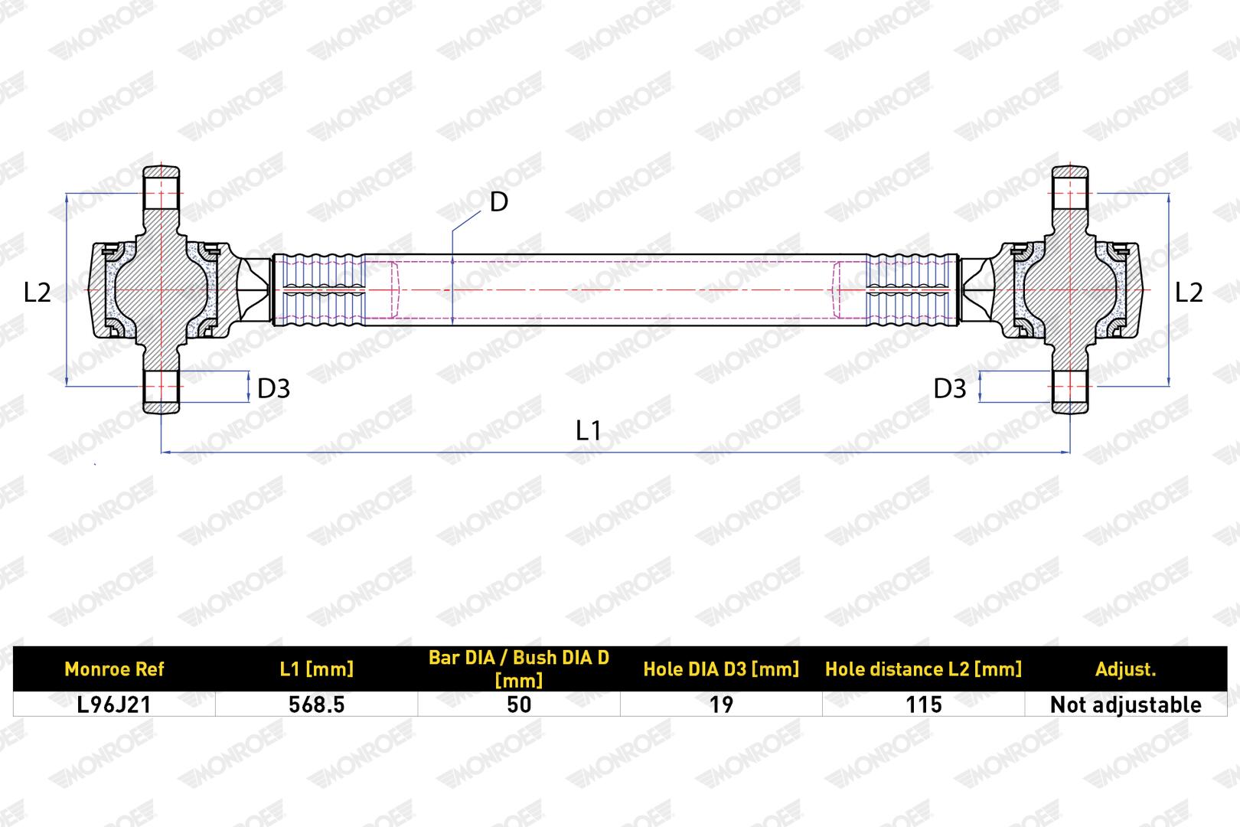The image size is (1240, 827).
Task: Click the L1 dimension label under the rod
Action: coord(588,430)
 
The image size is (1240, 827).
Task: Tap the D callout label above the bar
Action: coord(499,201)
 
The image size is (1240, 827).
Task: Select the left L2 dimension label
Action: coord(37,292)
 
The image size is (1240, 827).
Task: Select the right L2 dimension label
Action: coord(1189,292)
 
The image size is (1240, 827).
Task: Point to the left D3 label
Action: coord(273,388)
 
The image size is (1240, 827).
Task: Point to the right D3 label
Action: coord(950,388)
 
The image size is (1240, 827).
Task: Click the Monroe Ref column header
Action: coord(114,669)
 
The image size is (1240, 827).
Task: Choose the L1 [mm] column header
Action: coord(317,669)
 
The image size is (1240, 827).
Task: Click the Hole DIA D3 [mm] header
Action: coord(721,669)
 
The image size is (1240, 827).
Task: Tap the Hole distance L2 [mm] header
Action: coord(923,669)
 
